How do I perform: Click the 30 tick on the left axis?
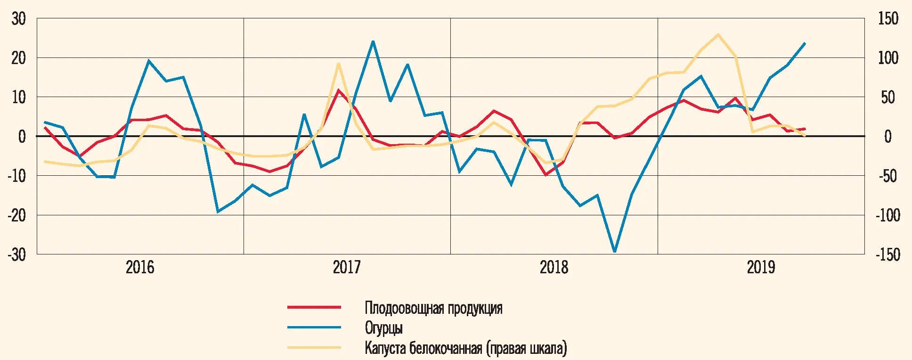19,19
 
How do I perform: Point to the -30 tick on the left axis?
17,254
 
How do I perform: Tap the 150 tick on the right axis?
888,19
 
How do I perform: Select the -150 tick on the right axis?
887,254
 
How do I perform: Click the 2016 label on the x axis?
140,268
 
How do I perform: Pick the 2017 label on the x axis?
347,268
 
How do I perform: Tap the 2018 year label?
554,268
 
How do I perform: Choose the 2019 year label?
761,268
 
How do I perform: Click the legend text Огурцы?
383,328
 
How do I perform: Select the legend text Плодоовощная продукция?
433,308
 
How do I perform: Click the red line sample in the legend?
314,307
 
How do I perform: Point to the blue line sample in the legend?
314,327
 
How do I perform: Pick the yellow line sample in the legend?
314,348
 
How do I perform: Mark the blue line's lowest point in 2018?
614,252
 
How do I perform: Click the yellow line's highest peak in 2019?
718,34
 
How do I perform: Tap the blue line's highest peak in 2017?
373,41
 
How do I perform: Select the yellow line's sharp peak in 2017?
338,63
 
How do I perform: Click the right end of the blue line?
805,43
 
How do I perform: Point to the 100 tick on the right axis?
888,58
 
